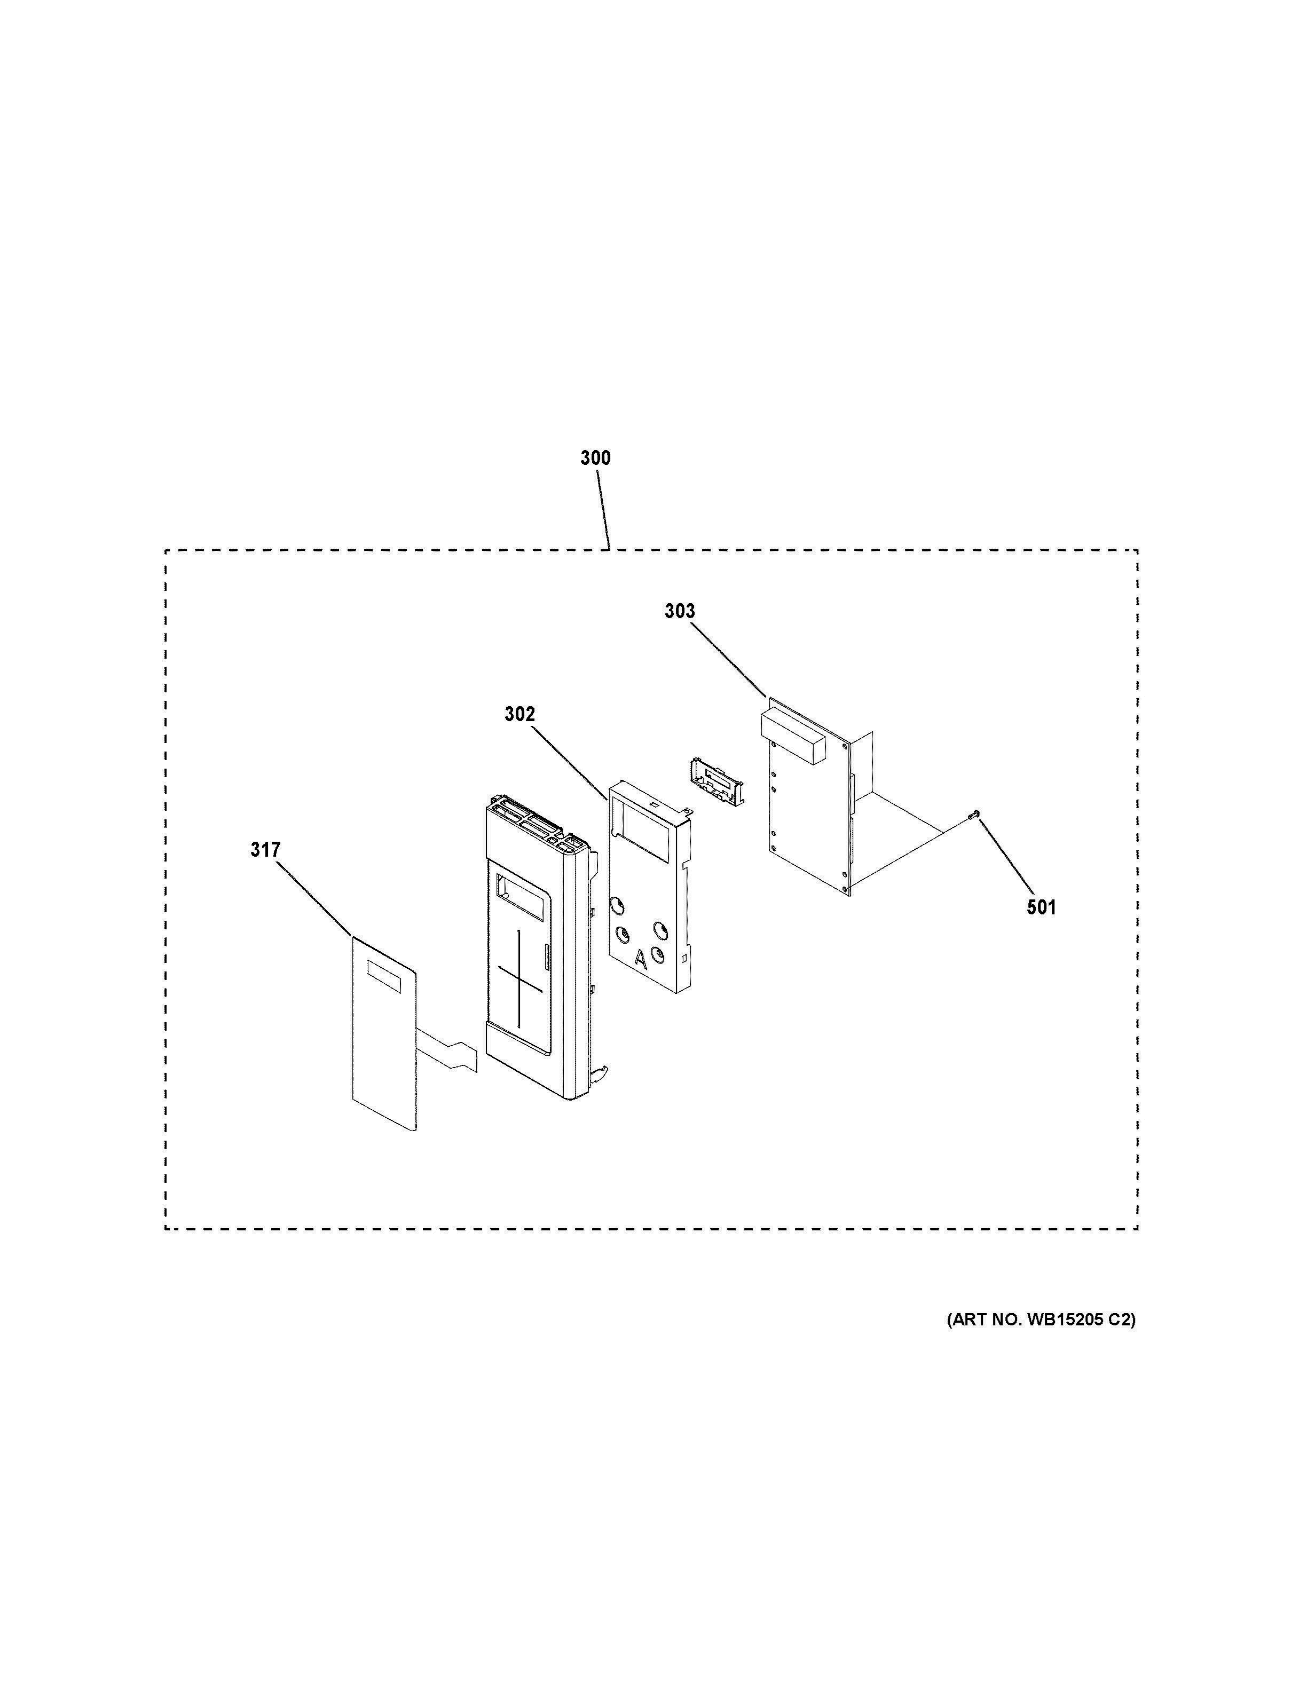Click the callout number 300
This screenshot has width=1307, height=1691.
tap(595, 459)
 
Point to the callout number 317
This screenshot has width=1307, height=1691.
tap(265, 850)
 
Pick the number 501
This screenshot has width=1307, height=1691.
tap(1042, 907)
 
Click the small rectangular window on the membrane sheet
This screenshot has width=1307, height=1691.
tap(385, 977)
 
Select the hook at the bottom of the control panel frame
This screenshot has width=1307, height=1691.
tap(599, 1072)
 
